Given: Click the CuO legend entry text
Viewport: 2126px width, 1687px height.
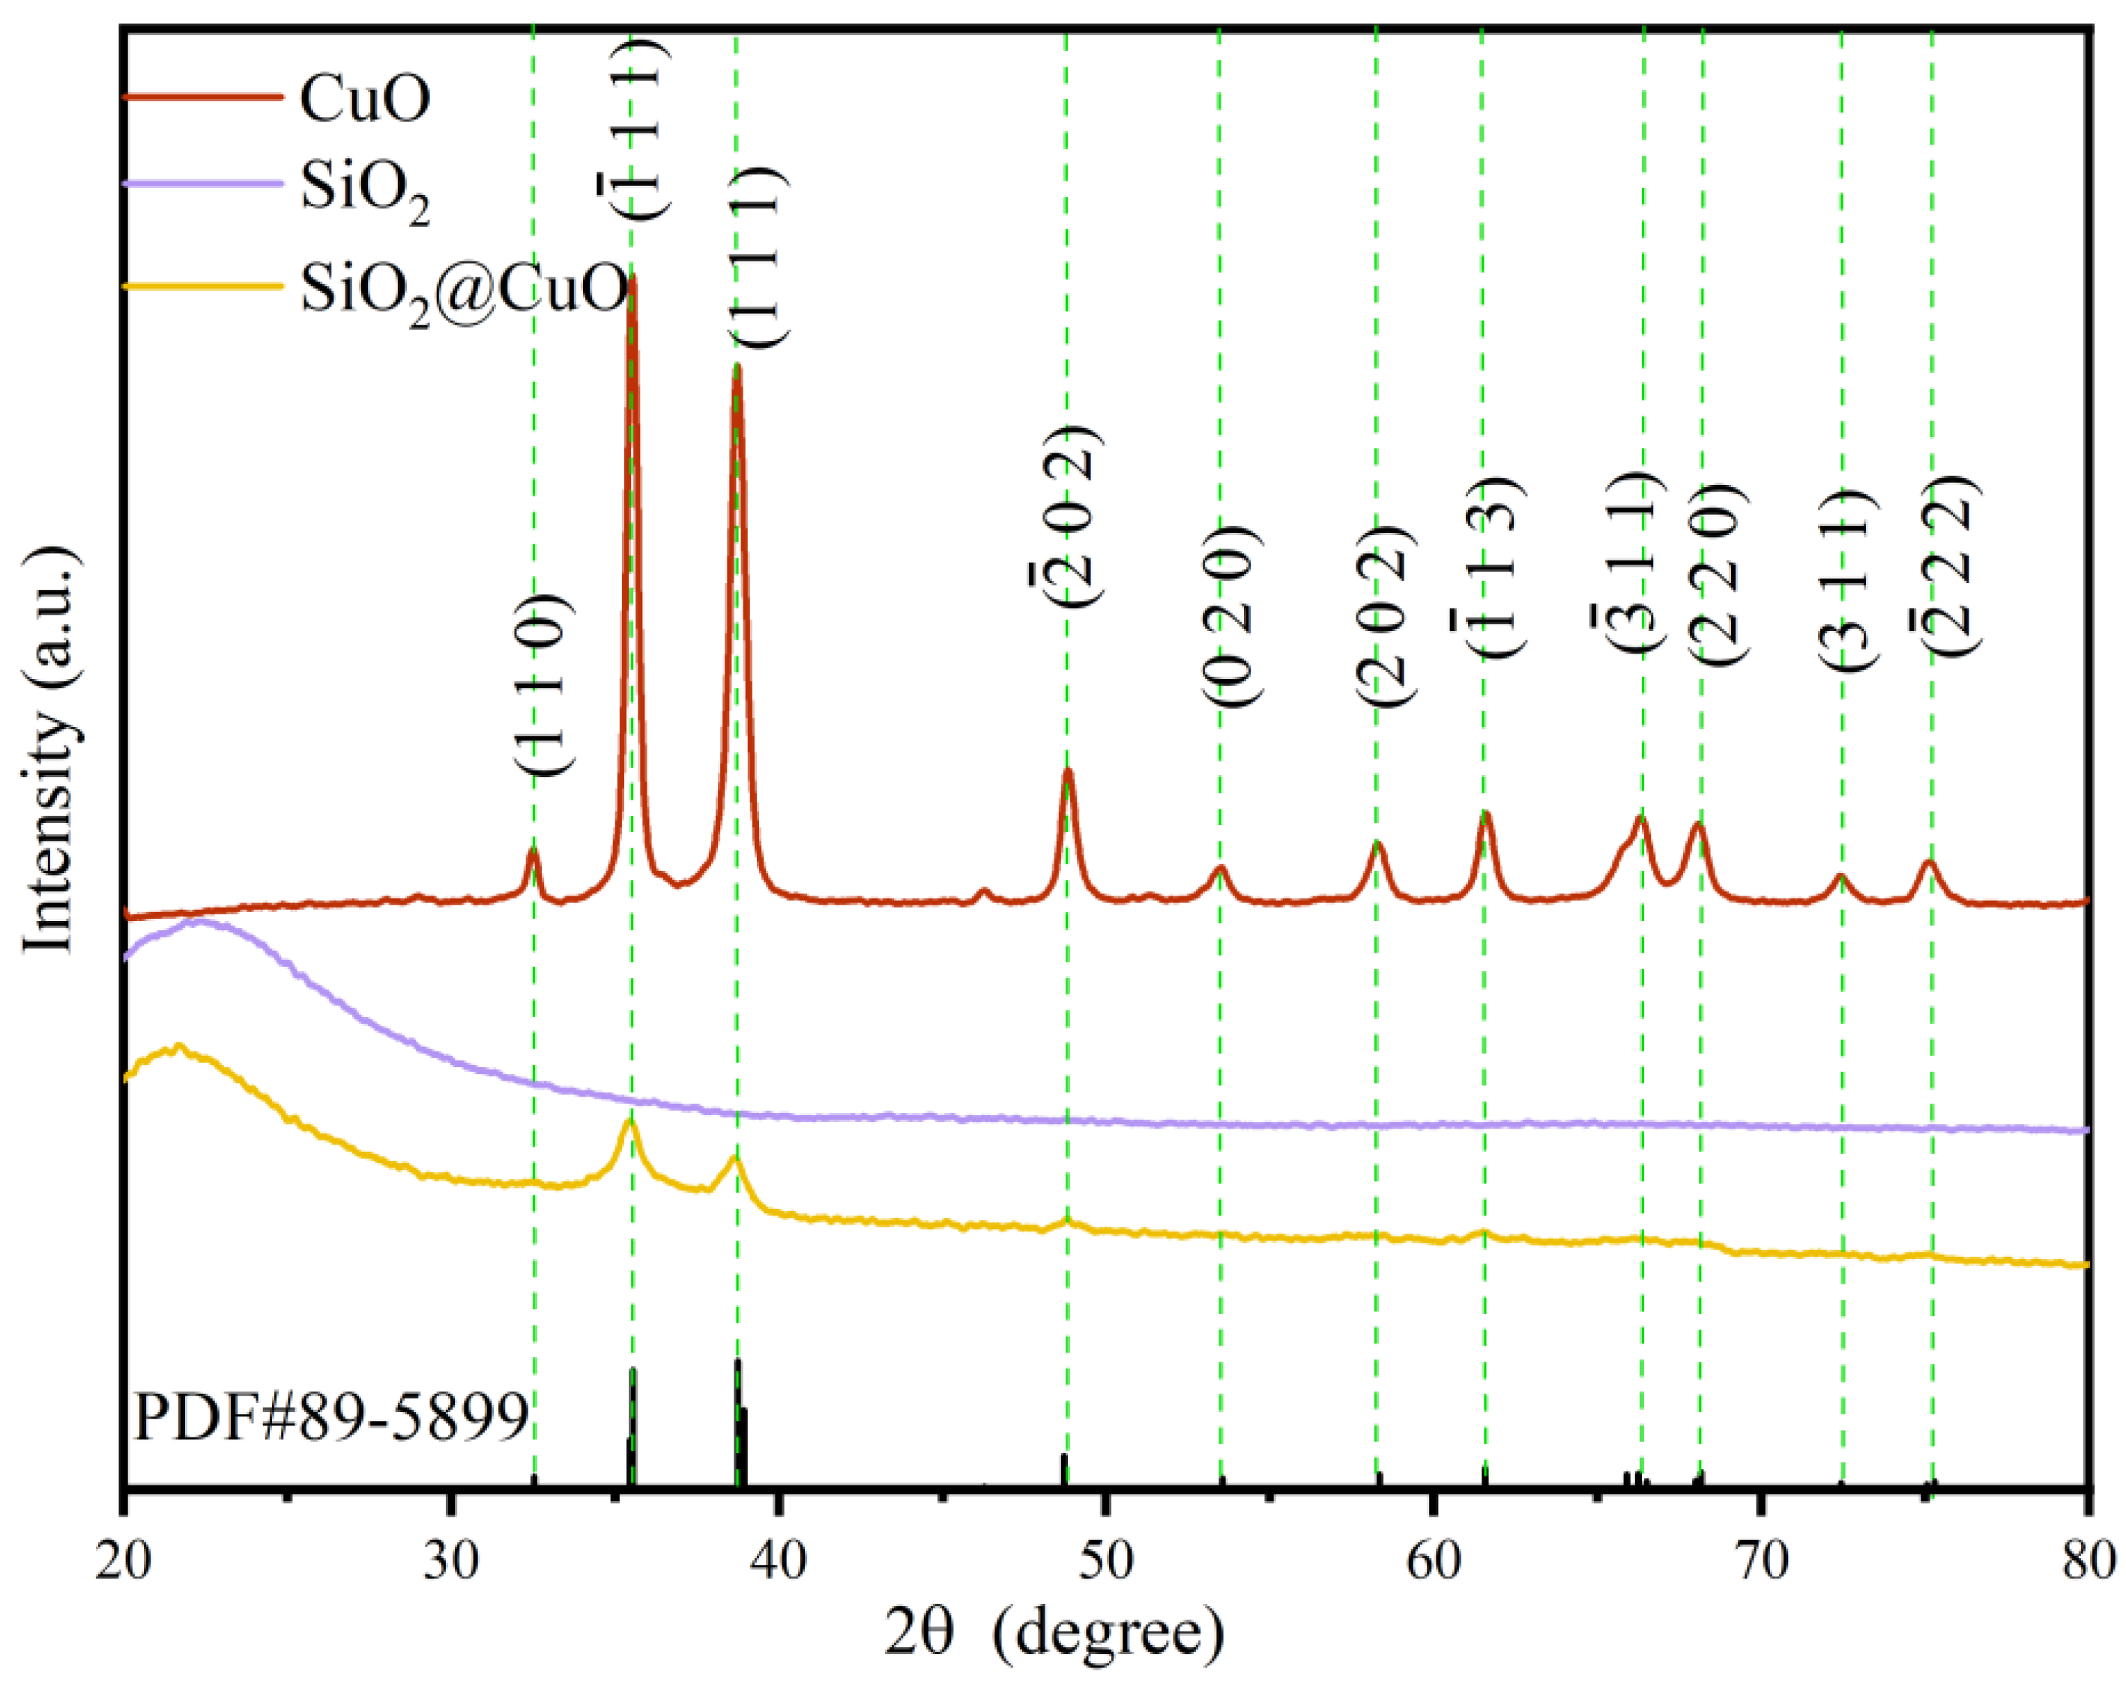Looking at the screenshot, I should point(365,99).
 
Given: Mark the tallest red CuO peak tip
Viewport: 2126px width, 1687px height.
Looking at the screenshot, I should point(631,278).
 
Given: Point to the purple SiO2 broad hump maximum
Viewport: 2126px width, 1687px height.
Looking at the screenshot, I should point(200,922).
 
